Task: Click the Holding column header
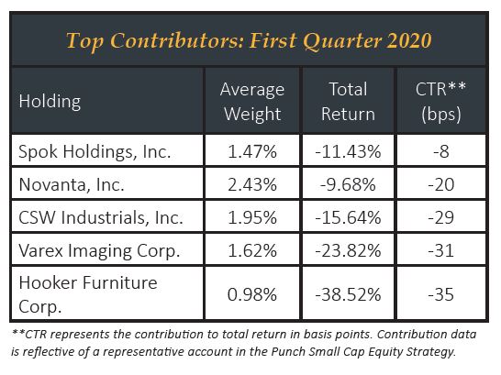point(50,102)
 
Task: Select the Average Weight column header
point(252,102)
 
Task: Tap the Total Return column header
point(349,102)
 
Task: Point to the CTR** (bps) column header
point(441,102)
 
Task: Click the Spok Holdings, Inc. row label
point(95,151)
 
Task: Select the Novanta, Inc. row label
point(72,184)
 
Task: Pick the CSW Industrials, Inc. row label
point(101,217)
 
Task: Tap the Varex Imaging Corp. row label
point(99,251)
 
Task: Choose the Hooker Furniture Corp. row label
point(88,294)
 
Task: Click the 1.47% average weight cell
point(252,151)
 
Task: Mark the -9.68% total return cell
point(348,184)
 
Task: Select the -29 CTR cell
point(441,217)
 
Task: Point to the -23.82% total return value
point(348,250)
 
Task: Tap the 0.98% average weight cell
point(252,294)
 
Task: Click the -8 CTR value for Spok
point(441,151)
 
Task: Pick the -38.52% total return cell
point(348,294)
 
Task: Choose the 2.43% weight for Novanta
point(252,184)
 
